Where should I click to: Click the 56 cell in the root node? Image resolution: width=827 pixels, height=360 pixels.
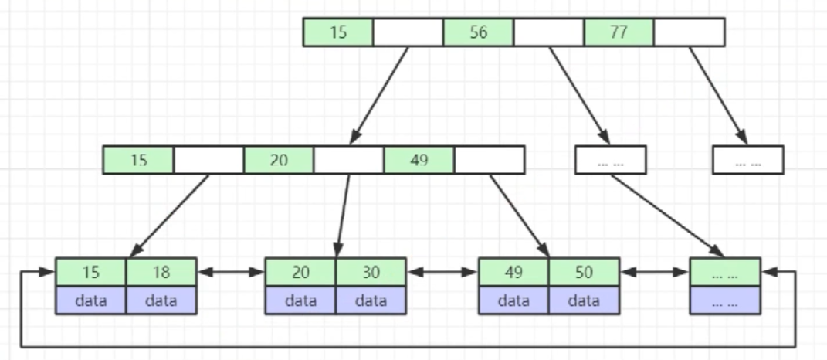coord(478,32)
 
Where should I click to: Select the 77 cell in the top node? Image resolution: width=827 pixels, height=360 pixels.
coord(619,32)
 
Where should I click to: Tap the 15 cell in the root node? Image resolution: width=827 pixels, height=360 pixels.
coord(338,32)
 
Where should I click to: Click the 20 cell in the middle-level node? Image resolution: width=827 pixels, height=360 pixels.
coord(279,160)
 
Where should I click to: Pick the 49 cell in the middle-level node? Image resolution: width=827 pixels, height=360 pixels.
coord(419,160)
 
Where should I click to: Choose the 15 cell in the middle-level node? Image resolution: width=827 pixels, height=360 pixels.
coord(139,160)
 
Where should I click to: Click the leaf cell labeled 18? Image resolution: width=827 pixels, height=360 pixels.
coord(161,272)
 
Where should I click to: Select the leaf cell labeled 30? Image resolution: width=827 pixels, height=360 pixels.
coord(371,272)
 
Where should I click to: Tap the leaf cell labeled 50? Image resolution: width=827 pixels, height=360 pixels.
coord(585,272)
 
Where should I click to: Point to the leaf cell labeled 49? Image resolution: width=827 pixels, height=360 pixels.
coord(513,272)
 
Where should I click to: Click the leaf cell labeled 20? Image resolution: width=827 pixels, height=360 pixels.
coord(300,272)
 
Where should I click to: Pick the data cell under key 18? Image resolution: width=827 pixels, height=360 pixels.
coord(161,301)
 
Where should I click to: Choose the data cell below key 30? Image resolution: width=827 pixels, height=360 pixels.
coord(371,301)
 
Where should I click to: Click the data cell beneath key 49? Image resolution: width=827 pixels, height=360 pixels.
coord(513,301)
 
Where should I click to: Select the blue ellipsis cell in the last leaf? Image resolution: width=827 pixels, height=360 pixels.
coord(725,301)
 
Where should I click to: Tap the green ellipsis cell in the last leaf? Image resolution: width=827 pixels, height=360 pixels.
coord(725,272)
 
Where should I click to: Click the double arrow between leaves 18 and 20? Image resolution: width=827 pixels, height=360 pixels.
coord(231,272)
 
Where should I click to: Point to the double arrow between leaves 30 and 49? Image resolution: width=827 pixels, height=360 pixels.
coord(442,272)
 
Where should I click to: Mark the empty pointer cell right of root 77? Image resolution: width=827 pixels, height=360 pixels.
coord(690,32)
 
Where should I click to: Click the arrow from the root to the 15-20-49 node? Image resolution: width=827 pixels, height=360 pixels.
coord(378,96)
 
